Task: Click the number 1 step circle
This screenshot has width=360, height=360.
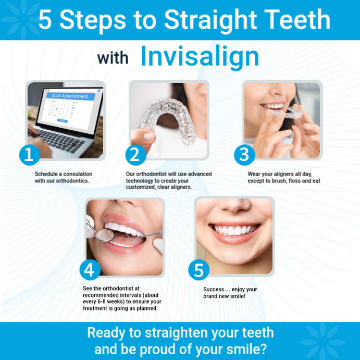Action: [x=30, y=154]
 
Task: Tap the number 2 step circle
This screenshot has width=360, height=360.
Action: [x=135, y=154]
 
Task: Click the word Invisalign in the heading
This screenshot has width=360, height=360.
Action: [x=200, y=57]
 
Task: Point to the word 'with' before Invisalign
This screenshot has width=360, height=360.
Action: [x=113, y=58]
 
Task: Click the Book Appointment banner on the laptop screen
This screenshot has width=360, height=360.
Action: [x=70, y=96]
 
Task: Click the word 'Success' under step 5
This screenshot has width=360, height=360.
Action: [x=214, y=290]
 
